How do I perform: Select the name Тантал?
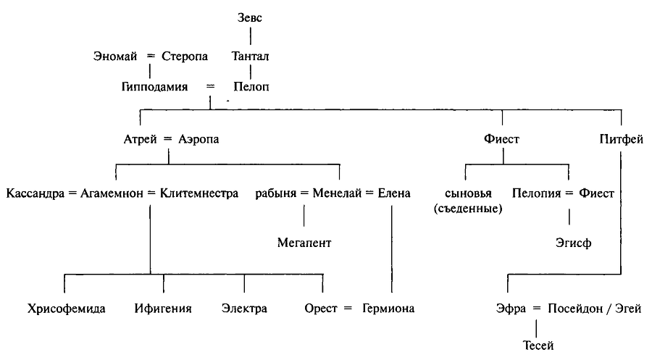click(x=251, y=55)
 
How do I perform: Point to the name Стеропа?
click(x=185, y=55)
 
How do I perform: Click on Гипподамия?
click(x=155, y=87)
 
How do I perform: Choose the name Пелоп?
click(x=251, y=87)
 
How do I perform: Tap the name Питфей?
click(x=622, y=140)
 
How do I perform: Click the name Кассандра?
click(x=33, y=193)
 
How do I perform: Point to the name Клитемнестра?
click(x=198, y=193)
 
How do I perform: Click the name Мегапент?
click(x=304, y=243)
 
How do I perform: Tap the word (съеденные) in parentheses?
click(x=470, y=209)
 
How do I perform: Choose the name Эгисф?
click(x=574, y=243)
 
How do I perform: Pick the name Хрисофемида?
click(x=67, y=309)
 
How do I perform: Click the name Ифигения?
click(x=163, y=309)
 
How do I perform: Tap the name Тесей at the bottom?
click(x=537, y=346)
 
